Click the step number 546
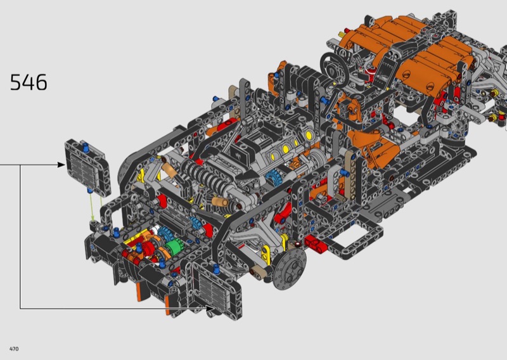(x=29, y=82)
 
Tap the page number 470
(x=14, y=349)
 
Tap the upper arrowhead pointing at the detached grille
(x=61, y=165)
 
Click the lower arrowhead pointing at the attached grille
(x=210, y=308)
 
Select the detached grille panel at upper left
(x=87, y=167)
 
